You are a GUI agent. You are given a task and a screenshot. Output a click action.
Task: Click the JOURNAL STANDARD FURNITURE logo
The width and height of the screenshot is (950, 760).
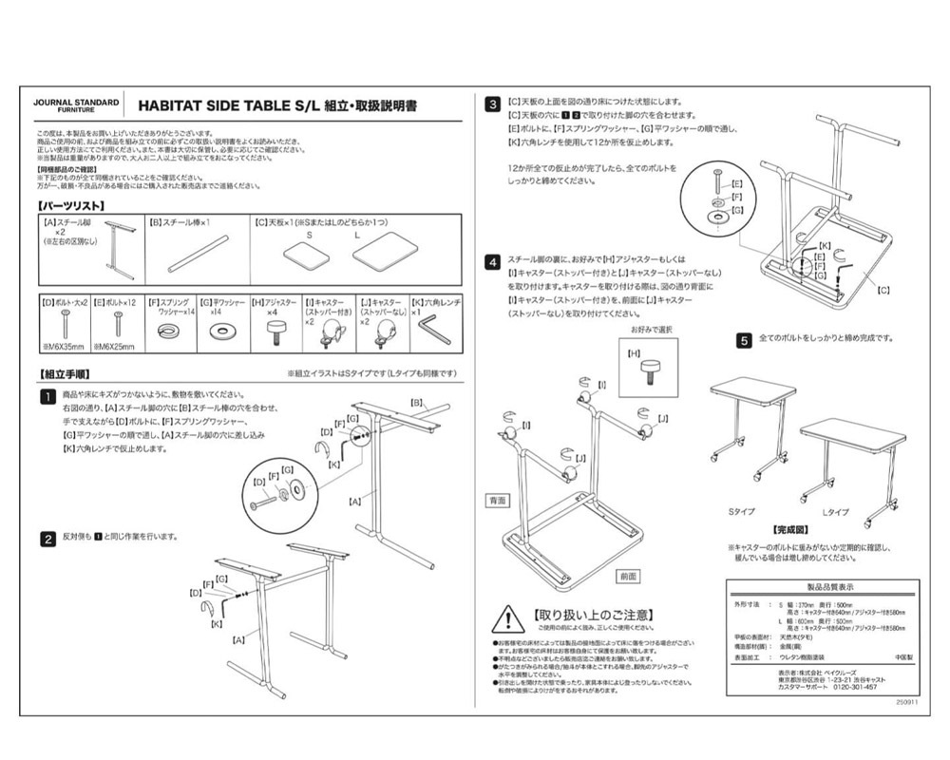pos(76,104)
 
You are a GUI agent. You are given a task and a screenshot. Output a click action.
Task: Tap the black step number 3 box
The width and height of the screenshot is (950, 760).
pos(494,103)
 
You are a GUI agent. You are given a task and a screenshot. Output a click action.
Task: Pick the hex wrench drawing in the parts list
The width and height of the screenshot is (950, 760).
pos(436,332)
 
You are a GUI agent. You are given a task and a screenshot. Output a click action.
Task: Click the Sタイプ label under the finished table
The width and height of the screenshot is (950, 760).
pos(743,512)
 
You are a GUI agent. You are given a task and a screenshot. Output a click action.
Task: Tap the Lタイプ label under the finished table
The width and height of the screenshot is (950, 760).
pos(836,512)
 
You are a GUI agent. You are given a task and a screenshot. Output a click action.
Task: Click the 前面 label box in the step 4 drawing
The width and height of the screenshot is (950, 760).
pos(628,576)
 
